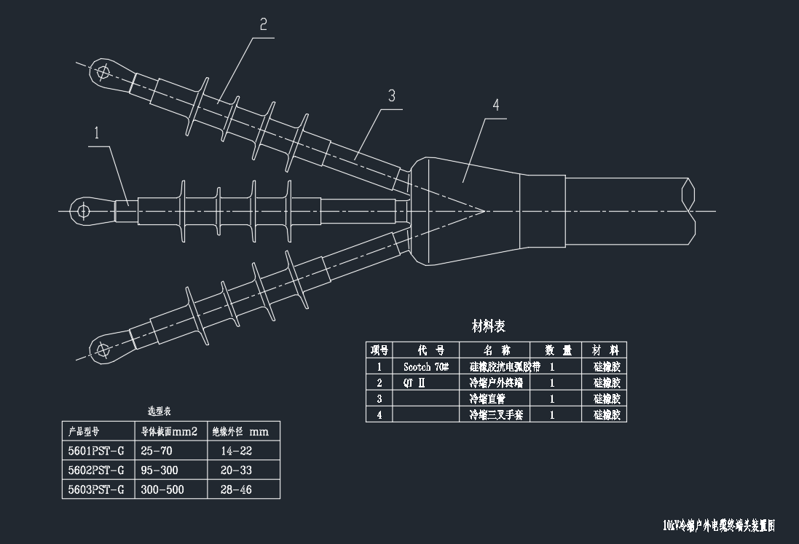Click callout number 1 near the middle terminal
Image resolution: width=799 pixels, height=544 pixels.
tap(96, 133)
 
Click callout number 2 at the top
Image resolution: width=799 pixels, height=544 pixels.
tap(263, 24)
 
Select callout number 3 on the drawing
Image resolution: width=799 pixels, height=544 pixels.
tap(391, 95)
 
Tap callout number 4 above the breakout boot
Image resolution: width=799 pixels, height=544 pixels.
tap(496, 105)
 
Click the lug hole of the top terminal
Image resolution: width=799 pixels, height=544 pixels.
tap(103, 71)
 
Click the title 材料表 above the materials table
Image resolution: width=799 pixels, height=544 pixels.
tap(489, 326)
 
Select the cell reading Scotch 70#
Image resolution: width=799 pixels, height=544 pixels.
tap(425, 366)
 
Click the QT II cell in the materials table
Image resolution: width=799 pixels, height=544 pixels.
tap(414, 383)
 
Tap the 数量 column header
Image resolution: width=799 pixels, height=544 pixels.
tap(556, 350)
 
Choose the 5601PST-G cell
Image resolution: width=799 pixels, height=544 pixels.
tap(95, 452)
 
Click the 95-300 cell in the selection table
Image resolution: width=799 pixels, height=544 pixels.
tap(159, 470)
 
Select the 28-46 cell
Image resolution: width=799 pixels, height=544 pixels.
tap(235, 490)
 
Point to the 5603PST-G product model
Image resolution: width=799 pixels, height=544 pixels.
tap(95, 490)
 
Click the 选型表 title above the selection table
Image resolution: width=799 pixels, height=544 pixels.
tap(159, 411)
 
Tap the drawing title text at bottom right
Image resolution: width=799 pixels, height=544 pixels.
tap(718, 525)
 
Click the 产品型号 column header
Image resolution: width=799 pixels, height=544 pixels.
tap(84, 431)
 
